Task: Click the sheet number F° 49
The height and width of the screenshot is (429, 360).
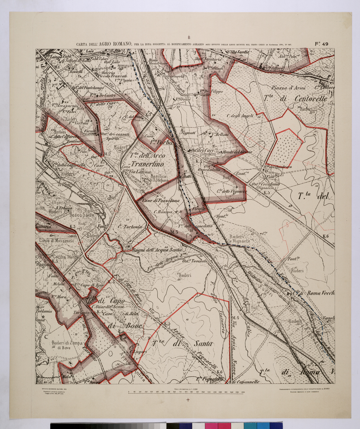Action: click(x=321, y=44)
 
